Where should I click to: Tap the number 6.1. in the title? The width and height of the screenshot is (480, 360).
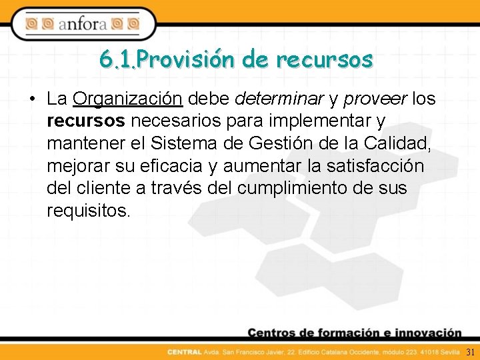pyautogui.click(x=118, y=59)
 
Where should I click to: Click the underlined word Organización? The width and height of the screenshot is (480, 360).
pyautogui.click(x=128, y=99)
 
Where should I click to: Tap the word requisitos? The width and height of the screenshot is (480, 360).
pyautogui.click(x=89, y=211)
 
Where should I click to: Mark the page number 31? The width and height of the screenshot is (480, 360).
pyautogui.click(x=470, y=351)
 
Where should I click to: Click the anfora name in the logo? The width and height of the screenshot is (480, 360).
pyautogui.click(x=82, y=25)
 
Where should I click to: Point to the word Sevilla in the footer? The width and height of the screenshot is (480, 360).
pyautogui.click(x=448, y=351)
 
